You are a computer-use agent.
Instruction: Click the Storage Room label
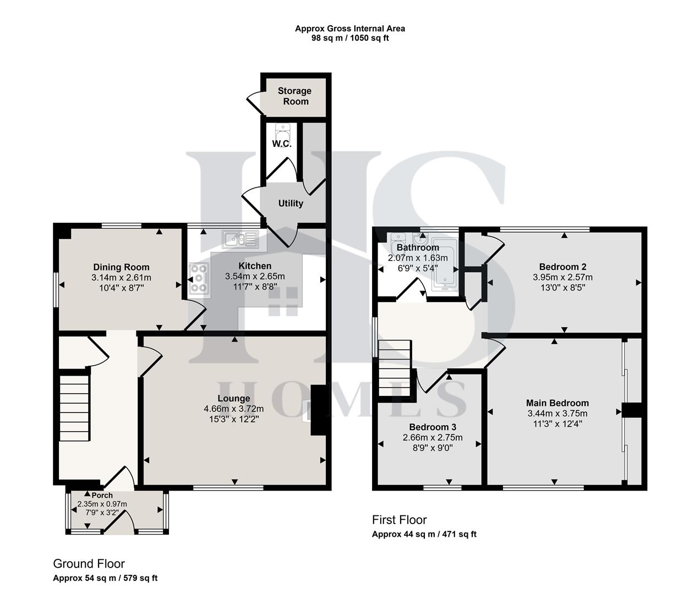[x=294, y=96]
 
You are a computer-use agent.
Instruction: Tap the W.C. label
[x=281, y=144]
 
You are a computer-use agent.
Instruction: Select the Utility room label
[x=291, y=204]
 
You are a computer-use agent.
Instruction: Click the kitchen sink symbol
[x=240, y=239]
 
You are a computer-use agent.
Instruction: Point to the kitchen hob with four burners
[x=199, y=278]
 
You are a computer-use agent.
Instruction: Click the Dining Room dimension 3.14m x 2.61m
[x=121, y=278]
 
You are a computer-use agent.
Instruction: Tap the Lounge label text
[x=234, y=398]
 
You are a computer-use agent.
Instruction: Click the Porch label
[x=102, y=496]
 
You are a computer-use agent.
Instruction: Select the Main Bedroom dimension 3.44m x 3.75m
[x=557, y=414]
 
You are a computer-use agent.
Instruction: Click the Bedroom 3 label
[x=433, y=427]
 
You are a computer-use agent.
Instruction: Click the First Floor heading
[x=399, y=520]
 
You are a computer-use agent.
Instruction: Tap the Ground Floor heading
[x=89, y=564]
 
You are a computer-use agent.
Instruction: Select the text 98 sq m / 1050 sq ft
[x=350, y=38]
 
